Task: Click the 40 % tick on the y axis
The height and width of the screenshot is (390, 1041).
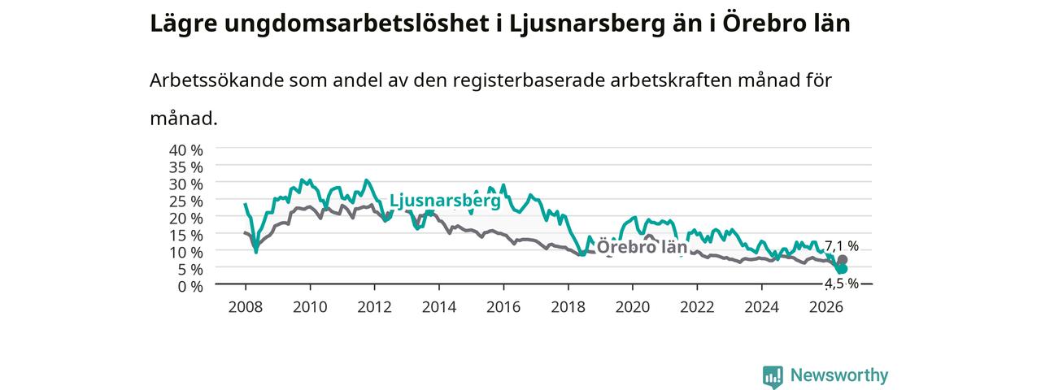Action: pos(186,150)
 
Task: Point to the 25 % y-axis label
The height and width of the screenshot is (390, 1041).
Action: pos(186,201)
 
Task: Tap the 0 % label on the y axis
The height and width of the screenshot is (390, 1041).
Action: pos(190,287)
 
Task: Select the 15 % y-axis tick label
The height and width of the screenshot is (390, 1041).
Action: pos(186,236)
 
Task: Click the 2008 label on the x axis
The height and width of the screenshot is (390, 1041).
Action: pos(246,307)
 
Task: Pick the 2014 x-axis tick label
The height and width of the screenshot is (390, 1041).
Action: pos(438,307)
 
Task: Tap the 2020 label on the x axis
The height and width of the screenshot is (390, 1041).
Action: pos(633,307)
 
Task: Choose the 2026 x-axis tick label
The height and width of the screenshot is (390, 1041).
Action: pos(825,307)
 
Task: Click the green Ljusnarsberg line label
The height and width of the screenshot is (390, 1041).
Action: pos(445,201)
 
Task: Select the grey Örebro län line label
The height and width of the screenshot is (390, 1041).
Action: pos(642,247)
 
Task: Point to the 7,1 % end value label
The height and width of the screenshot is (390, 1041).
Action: pos(842,246)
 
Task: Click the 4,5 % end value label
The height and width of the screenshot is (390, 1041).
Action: pos(842,284)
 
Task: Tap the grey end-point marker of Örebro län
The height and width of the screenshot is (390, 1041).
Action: pos(842,259)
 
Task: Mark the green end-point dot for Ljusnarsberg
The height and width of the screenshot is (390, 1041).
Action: pos(842,269)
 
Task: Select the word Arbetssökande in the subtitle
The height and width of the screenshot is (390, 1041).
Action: pos(216,80)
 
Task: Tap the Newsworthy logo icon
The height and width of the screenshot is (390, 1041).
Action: pos(773,377)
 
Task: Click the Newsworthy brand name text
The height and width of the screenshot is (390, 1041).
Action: pos(839,375)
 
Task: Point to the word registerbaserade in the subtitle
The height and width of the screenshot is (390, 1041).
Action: pos(529,80)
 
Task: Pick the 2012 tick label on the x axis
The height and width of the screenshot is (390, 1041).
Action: pos(374,307)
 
